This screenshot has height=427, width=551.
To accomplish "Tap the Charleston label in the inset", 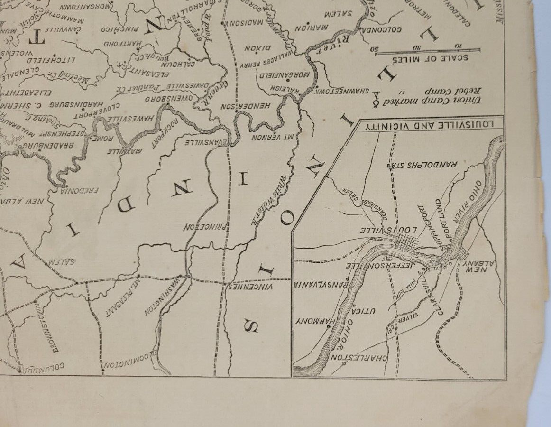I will point(360,356).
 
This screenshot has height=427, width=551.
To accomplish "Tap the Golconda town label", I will point(382,29).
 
